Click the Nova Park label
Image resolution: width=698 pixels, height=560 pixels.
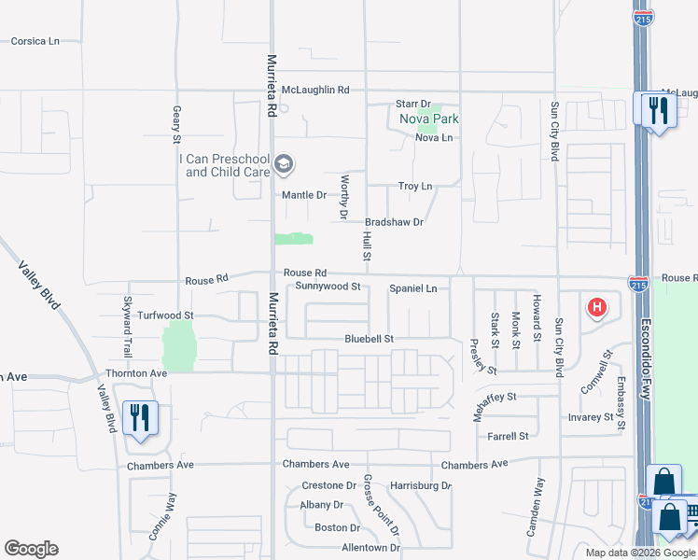click(429, 119)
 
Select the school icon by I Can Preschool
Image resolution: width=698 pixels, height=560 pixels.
click(284, 166)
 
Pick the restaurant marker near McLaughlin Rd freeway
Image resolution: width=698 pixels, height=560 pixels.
click(659, 110)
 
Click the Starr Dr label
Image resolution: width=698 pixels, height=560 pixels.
click(412, 105)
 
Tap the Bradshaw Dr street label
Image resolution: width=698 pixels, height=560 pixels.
click(394, 222)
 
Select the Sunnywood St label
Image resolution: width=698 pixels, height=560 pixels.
click(328, 287)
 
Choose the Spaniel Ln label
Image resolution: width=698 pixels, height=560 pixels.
click(412, 289)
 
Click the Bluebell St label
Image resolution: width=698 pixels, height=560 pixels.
click(369, 339)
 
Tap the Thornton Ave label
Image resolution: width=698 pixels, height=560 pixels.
click(137, 373)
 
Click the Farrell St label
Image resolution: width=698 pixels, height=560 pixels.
click(508, 436)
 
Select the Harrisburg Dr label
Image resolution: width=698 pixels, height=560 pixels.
click(420, 486)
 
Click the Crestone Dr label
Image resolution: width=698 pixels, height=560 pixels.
click(328, 486)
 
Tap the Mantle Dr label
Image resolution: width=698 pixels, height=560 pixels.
click(304, 196)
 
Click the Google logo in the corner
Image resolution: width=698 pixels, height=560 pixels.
click(31, 549)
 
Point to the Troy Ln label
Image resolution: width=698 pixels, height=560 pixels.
click(415, 187)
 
